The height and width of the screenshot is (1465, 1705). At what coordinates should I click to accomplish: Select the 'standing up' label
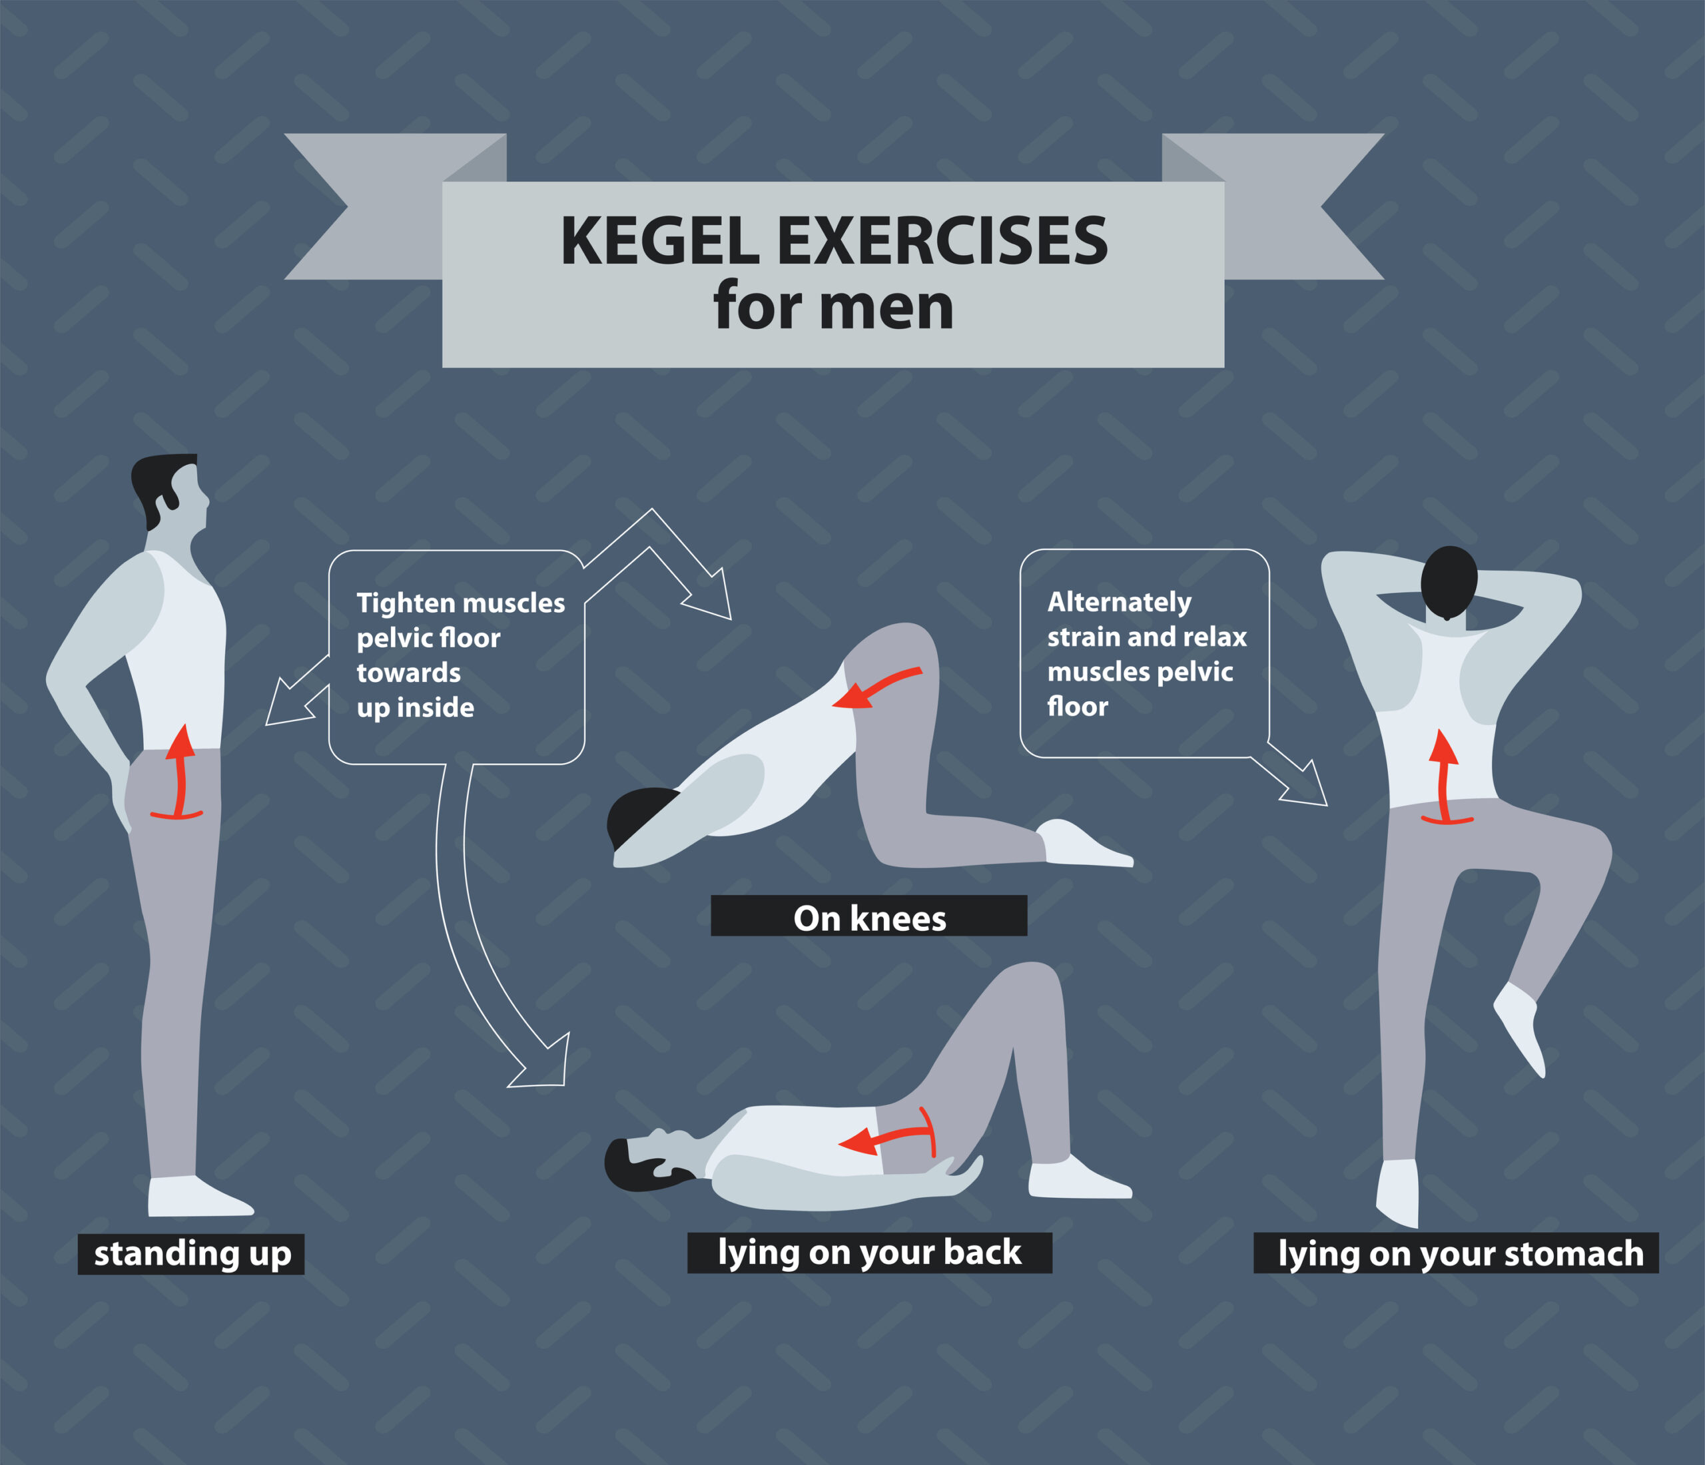coord(191,1254)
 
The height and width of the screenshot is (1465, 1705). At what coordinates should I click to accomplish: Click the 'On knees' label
coord(869,918)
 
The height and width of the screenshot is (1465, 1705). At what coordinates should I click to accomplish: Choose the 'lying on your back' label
coord(869,1252)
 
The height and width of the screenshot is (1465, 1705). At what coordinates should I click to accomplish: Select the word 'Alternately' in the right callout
coord(1118,602)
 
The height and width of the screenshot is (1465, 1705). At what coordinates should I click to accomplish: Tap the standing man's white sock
coord(193,1196)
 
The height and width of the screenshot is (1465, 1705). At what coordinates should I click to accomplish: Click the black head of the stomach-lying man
coord(1449,580)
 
